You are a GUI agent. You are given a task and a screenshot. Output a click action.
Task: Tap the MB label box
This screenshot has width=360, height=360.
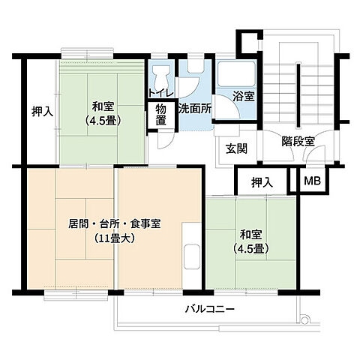click(310, 181)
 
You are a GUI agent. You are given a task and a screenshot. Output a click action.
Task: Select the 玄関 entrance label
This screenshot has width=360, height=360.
click(236, 148)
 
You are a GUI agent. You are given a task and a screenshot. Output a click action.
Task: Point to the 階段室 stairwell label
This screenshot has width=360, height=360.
click(298, 141)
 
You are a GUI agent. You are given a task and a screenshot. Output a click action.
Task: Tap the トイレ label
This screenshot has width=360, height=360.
click(161, 92)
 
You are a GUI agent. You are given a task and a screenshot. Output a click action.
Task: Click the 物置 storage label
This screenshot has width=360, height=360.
click(160, 117)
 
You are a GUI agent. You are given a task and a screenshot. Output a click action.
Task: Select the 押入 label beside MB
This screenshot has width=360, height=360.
click(262, 182)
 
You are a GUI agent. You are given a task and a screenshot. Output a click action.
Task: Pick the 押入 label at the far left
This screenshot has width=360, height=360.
click(42, 112)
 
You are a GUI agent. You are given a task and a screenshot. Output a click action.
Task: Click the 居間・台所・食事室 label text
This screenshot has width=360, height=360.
click(113, 224)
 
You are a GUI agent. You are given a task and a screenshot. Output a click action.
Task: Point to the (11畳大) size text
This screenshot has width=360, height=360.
click(115, 240)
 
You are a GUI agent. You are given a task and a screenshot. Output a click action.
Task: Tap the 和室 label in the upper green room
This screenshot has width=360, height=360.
click(103, 106)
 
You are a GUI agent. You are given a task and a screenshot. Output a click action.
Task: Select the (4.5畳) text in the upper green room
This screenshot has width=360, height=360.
click(103, 119)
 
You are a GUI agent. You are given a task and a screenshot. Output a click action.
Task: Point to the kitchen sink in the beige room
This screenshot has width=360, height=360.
click(192, 256)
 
